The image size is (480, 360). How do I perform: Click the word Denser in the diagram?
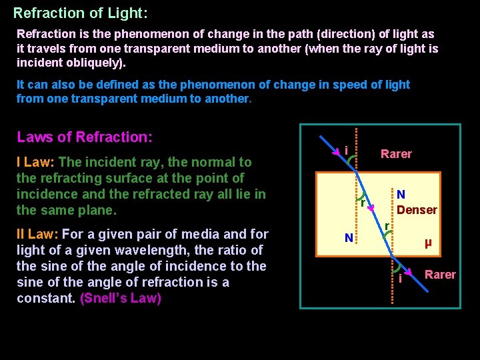pos(417,210)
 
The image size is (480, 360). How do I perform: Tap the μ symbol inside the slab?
pos(428,243)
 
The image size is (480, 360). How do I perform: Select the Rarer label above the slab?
pos(396,154)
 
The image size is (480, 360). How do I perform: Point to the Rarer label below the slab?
pos(440,275)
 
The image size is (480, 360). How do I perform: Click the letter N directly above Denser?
pos(401,195)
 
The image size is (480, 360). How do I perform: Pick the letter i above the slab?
pos(347,151)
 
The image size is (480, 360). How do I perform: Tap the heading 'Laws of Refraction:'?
pos(85,137)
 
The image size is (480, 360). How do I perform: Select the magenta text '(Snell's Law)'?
pos(121,298)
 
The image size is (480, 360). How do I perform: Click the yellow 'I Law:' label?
pos(36,162)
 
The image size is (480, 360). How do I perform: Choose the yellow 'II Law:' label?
pos(38,234)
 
